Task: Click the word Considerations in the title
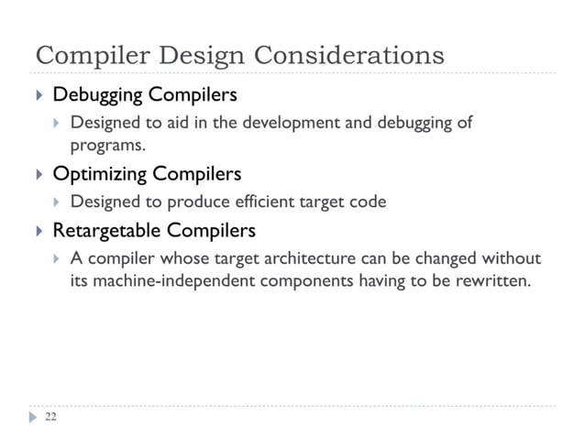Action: coord(348,54)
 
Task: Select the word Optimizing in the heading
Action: coord(98,173)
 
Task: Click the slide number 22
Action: coord(50,417)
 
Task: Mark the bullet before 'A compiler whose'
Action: coord(57,257)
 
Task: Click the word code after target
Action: coord(368,201)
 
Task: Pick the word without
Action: coord(511,257)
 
